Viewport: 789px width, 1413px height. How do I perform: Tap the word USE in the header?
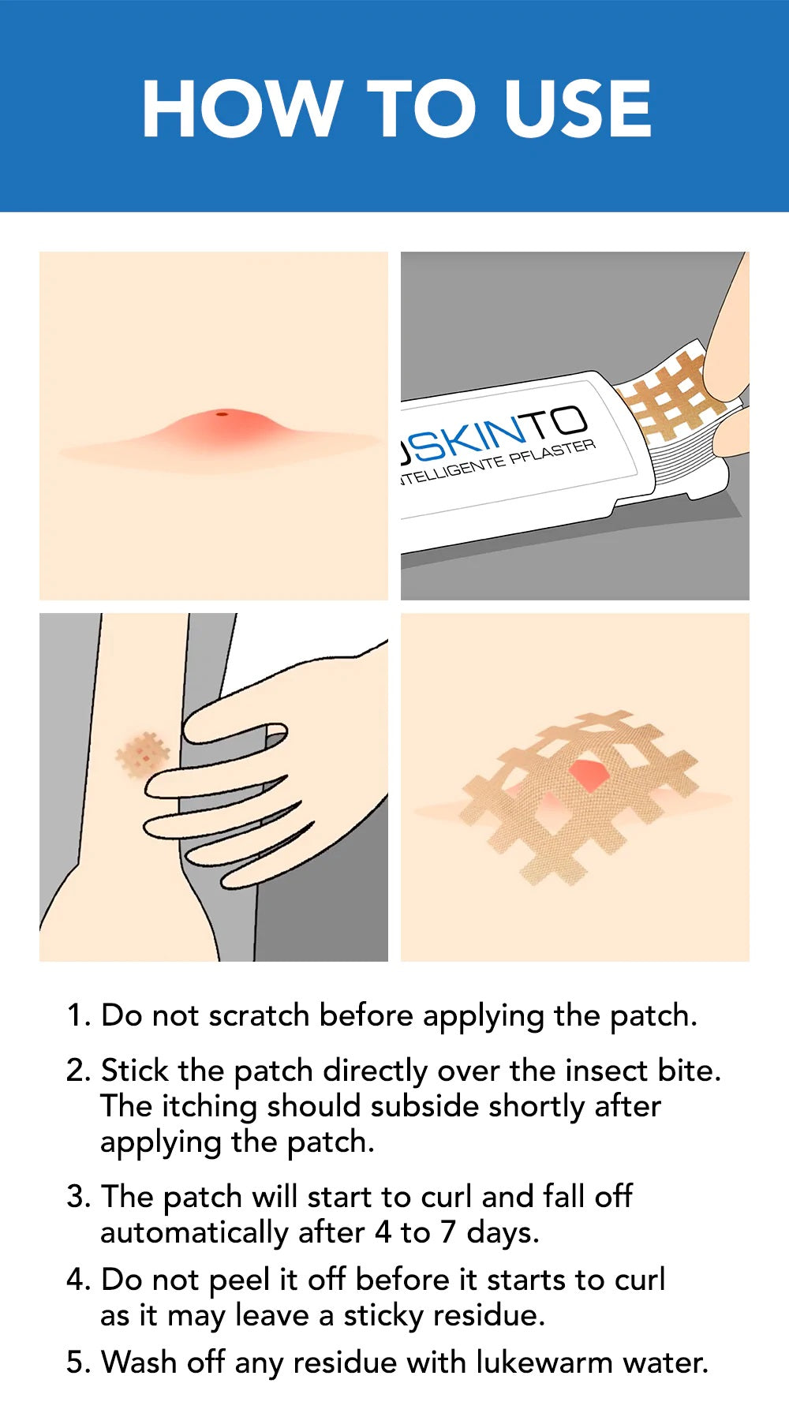click(x=578, y=108)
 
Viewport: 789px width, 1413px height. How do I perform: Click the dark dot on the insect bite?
click(x=222, y=413)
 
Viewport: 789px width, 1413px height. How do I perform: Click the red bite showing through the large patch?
click(x=587, y=773)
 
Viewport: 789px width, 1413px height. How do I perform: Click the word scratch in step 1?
click(x=259, y=1015)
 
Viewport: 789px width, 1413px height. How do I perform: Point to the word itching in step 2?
click(x=210, y=1107)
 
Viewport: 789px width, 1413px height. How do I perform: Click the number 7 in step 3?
click(x=448, y=1233)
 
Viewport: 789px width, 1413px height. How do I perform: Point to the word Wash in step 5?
click(x=140, y=1363)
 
